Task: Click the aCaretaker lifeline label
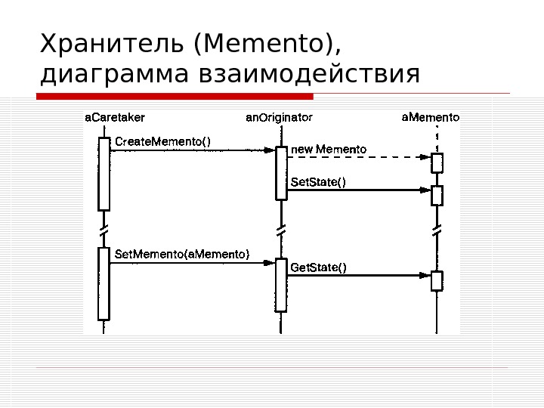[x=115, y=117]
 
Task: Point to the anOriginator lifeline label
[x=280, y=118]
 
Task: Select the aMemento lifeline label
[x=430, y=117]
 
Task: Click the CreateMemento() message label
[x=162, y=140]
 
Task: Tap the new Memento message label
[x=329, y=150]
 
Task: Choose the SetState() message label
[x=318, y=181]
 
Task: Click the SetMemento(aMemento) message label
[x=182, y=254]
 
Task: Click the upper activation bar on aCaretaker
[x=104, y=173]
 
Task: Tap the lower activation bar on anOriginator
[x=281, y=285]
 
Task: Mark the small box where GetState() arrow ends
[x=437, y=280]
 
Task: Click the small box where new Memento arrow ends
[x=437, y=162]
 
